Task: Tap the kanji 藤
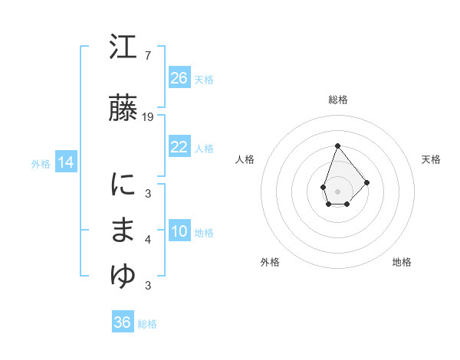(x=123, y=110)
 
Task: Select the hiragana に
(x=123, y=187)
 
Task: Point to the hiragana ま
(x=123, y=232)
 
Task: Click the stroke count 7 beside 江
(x=147, y=56)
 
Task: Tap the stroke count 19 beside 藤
(x=149, y=117)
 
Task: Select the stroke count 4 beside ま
(x=147, y=240)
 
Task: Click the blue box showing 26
(x=179, y=78)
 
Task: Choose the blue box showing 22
(x=179, y=147)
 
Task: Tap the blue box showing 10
(x=179, y=231)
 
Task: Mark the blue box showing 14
(x=65, y=162)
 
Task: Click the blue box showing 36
(x=122, y=322)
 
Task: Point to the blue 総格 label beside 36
(x=147, y=324)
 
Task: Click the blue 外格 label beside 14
(x=41, y=163)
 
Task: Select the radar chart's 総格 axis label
(x=337, y=100)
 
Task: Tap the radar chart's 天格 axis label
(x=432, y=159)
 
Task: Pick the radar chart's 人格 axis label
(x=245, y=159)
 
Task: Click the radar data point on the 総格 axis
(x=337, y=146)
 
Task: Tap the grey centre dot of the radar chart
(x=337, y=191)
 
